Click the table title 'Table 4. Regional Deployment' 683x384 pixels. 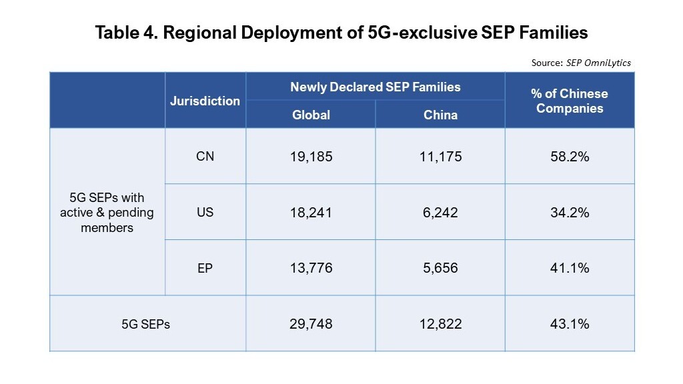pyautogui.click(x=341, y=32)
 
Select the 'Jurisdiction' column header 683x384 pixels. pyautogui.click(x=205, y=101)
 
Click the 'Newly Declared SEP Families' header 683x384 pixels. pyautogui.click(x=375, y=87)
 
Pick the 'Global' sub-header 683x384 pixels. pyautogui.click(x=311, y=115)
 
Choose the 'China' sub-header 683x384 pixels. pyautogui.click(x=440, y=115)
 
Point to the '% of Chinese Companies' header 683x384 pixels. pyautogui.click(x=570, y=101)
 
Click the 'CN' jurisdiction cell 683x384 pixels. pyautogui.click(x=205, y=157)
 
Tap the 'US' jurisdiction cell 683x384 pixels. pyautogui.click(x=205, y=212)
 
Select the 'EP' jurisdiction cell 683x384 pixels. pyautogui.click(x=205, y=267)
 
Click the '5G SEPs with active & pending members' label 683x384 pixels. pyautogui.click(x=107, y=213)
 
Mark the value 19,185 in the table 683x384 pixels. pyautogui.click(x=311, y=157)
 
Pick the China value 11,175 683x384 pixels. pyautogui.click(x=440, y=157)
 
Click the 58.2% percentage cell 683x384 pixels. pyautogui.click(x=570, y=157)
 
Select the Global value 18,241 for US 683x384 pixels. pyautogui.click(x=311, y=213)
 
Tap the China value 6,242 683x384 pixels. pyautogui.click(x=440, y=213)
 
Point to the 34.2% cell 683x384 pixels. pyautogui.click(x=570, y=213)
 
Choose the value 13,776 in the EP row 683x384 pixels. pyautogui.click(x=311, y=268)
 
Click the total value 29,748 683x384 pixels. pyautogui.click(x=311, y=324)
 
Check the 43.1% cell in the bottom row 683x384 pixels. pyautogui.click(x=570, y=324)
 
